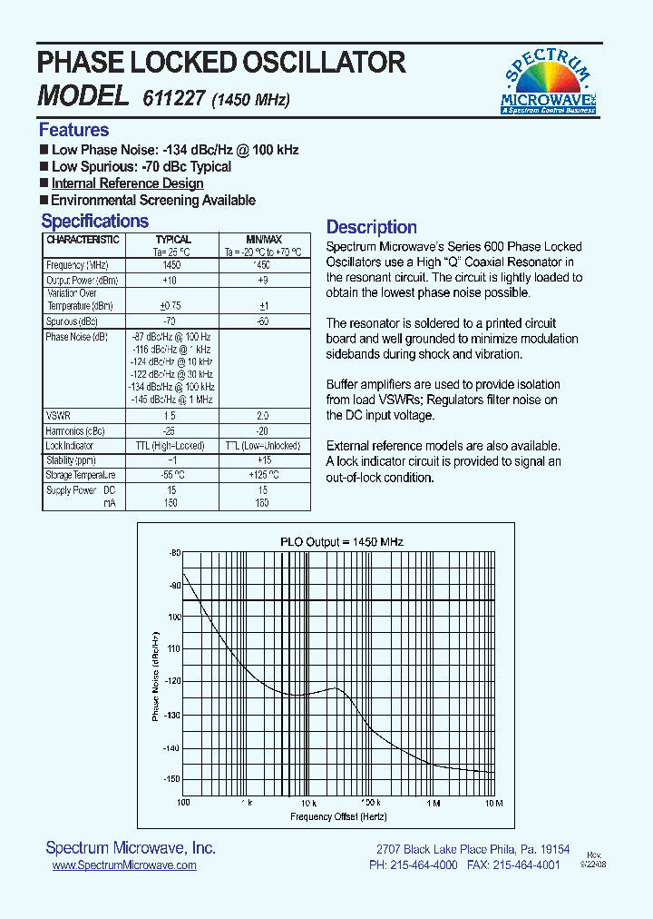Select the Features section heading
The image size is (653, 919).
coord(73,130)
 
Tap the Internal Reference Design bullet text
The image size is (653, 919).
coord(127,183)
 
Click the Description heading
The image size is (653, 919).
coord(371,227)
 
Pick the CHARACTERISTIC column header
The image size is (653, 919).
coord(83,240)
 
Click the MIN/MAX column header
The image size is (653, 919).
coord(264,240)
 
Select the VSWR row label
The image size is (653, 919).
coord(57,414)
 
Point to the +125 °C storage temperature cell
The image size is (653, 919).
coord(264,474)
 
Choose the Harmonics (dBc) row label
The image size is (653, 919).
coord(75,430)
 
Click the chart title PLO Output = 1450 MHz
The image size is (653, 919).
coord(341,541)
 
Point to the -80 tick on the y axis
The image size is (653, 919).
coord(174,552)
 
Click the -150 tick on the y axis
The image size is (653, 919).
coord(172,779)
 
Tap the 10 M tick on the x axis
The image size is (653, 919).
coord(493,803)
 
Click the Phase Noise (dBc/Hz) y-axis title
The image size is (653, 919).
coord(156,677)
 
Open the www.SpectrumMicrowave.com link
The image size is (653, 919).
coord(124,866)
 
